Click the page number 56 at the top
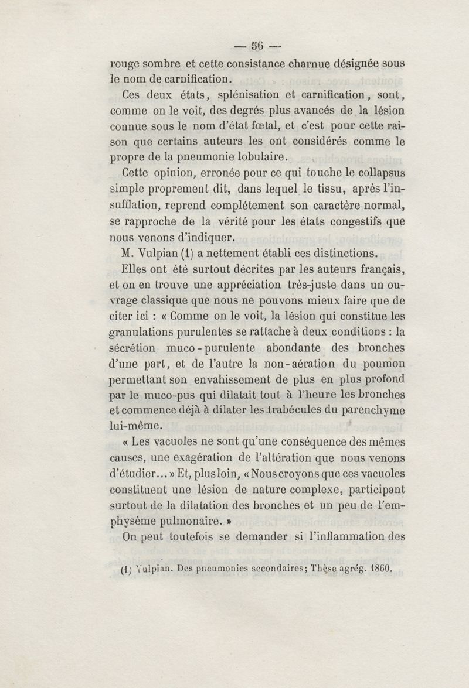click(257, 45)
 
